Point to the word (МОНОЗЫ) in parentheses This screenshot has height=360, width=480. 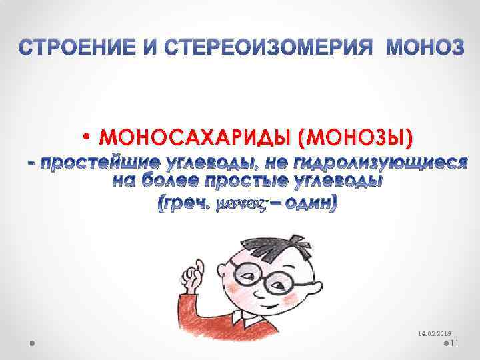[355, 137]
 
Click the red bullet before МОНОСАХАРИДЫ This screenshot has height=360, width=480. [88, 138]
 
